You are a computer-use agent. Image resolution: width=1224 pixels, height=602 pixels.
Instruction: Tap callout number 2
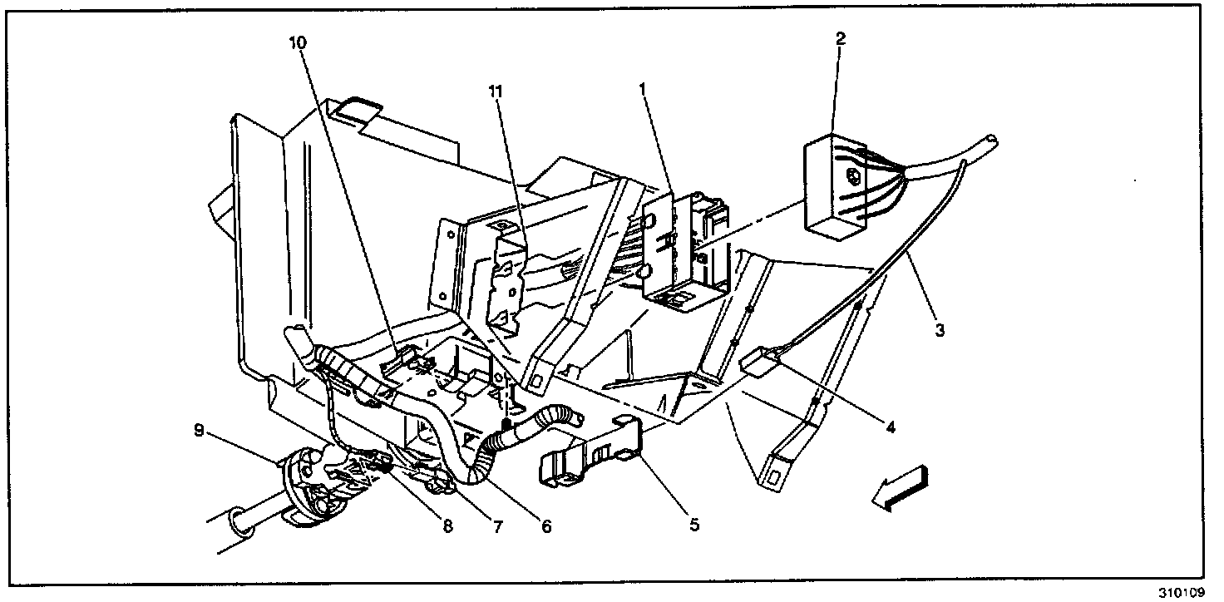point(841,38)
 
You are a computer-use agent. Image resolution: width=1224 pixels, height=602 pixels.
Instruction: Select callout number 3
point(939,330)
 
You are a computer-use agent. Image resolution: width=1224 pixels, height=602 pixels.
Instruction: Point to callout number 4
point(890,428)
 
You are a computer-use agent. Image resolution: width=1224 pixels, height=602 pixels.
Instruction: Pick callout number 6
point(546,526)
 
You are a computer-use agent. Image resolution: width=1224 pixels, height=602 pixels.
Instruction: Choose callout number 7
point(497,526)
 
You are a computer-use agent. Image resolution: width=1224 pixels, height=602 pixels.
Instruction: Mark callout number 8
point(447,526)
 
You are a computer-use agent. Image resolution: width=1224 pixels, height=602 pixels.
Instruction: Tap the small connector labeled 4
point(758,362)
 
